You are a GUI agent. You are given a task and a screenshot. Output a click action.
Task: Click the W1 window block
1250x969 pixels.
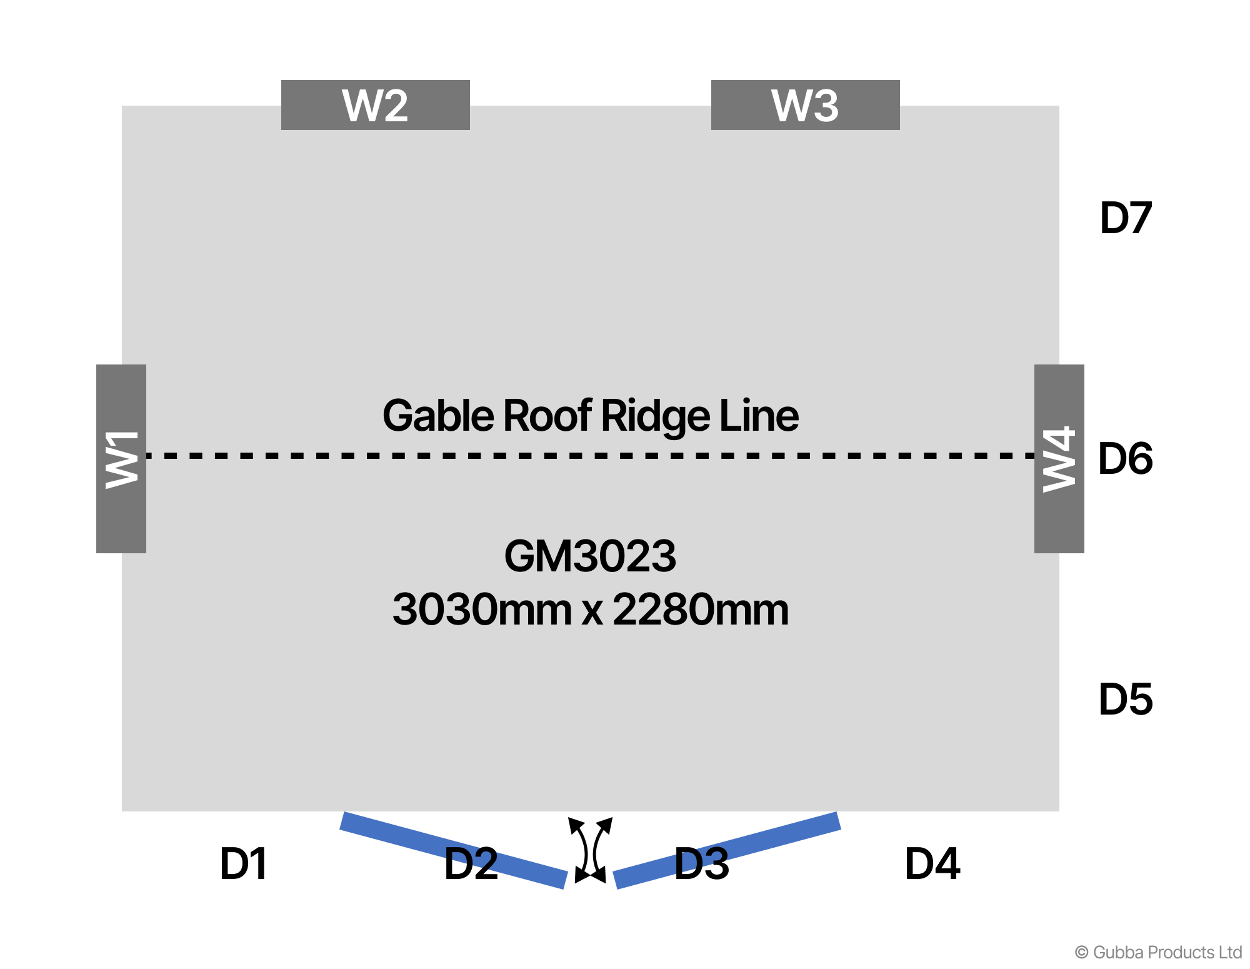(121, 458)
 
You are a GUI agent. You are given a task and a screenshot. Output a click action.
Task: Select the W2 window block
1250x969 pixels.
(375, 105)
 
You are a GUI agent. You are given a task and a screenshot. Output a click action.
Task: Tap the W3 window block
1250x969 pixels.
(805, 105)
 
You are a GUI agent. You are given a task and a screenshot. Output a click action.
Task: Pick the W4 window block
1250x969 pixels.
(1059, 458)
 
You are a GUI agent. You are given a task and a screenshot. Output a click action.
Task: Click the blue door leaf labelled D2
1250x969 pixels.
(454, 850)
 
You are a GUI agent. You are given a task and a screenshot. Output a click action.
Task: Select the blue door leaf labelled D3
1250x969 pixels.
(727, 850)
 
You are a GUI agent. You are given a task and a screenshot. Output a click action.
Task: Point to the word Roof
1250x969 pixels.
(547, 415)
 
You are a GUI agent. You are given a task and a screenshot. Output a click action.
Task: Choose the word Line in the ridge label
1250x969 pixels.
(759, 415)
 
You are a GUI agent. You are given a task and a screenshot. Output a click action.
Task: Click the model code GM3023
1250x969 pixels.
(590, 556)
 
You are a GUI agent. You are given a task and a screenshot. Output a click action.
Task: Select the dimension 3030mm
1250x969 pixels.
(482, 610)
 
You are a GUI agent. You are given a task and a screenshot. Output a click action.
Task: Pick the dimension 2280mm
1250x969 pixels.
(701, 610)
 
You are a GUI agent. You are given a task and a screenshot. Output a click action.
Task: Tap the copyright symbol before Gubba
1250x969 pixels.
(1081, 953)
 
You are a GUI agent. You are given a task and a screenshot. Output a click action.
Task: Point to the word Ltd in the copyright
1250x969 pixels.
(1230, 953)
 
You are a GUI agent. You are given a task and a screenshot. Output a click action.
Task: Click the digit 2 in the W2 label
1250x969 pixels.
(394, 106)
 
